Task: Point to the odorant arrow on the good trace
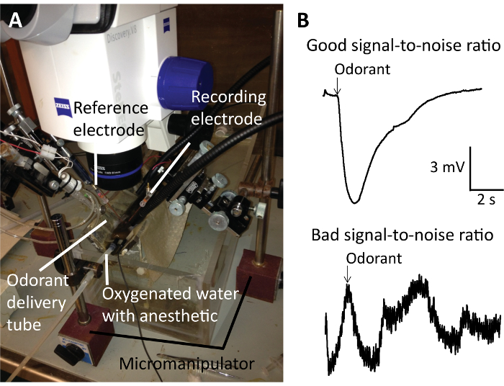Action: click(338, 86)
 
